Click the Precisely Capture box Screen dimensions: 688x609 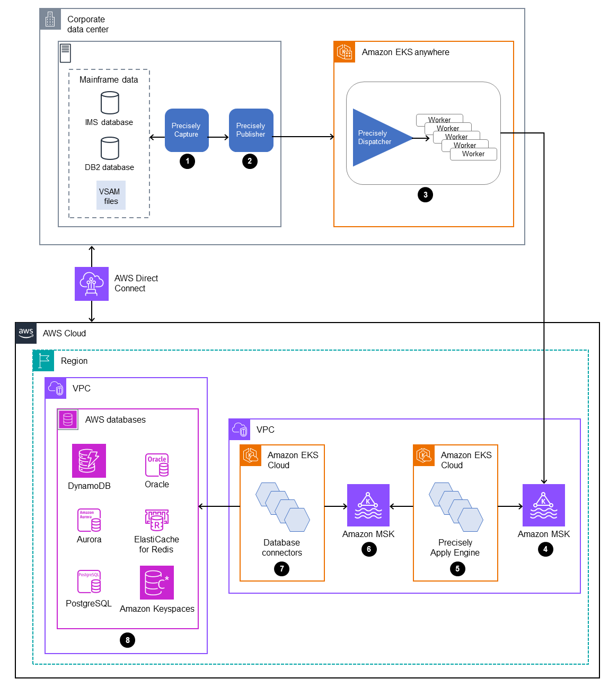tap(187, 130)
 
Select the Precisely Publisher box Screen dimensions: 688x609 tap(251, 130)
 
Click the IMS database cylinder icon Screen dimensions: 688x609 tap(110, 103)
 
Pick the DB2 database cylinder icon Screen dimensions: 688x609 tap(110, 148)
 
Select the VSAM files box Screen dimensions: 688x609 tap(111, 196)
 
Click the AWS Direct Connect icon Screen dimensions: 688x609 tap(92, 284)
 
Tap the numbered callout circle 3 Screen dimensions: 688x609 tap(425, 195)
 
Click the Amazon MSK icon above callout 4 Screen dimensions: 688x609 tap(543, 505)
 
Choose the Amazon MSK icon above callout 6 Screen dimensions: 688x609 tap(368, 505)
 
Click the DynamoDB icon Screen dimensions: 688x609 tap(89, 461)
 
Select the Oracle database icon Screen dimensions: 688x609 tap(157, 465)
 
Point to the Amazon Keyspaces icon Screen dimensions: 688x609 tap(157, 583)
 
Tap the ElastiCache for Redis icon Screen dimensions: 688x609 tap(157, 520)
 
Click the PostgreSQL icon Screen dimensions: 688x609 tap(89, 582)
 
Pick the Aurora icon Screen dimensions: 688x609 tap(89, 520)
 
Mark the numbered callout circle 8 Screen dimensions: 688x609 tap(127, 640)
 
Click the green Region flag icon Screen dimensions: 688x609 tap(43, 361)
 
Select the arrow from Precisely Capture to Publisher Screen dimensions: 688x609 tap(218, 137)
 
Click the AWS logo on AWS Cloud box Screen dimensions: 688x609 tap(26, 333)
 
